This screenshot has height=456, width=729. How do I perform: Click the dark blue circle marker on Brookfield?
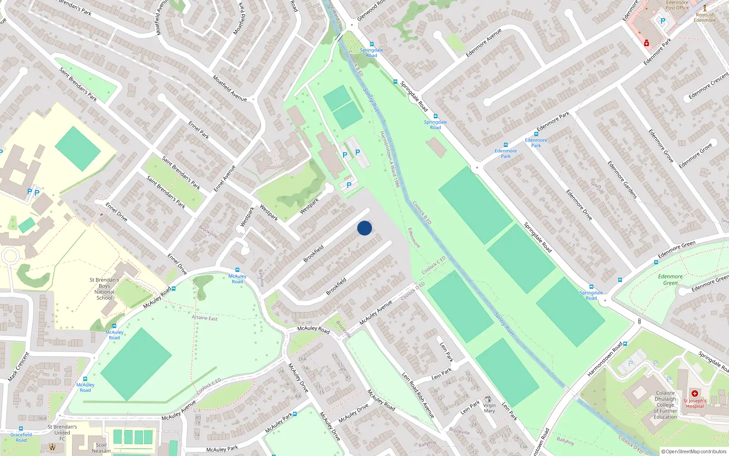tap(364, 228)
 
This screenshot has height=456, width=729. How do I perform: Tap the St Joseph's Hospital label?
tap(695, 403)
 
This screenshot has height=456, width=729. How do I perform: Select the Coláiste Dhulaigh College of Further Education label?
tap(665, 405)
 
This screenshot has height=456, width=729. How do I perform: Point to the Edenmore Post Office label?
tap(677, 5)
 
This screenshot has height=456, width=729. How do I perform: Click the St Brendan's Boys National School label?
tap(104, 289)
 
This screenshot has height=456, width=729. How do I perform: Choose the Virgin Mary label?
tap(489, 408)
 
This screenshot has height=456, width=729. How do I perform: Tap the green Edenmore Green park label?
tap(670, 280)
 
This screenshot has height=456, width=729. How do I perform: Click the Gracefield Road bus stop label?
tap(21, 437)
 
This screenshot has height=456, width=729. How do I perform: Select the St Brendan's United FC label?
tap(62, 433)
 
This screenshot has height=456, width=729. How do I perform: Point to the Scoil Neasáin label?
tap(101, 448)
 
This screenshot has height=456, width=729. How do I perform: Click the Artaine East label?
tap(205, 318)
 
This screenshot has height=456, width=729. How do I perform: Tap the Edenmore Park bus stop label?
tap(506, 153)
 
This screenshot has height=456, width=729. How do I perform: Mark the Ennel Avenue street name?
tap(225, 178)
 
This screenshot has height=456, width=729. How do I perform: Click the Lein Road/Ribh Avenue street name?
tap(418, 395)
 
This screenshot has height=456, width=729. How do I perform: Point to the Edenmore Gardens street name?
tap(622, 180)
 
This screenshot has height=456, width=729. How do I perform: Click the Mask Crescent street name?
tap(19, 367)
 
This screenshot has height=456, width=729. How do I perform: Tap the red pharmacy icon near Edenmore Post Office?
tap(646, 43)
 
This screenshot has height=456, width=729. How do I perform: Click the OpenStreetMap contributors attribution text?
tap(696, 451)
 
